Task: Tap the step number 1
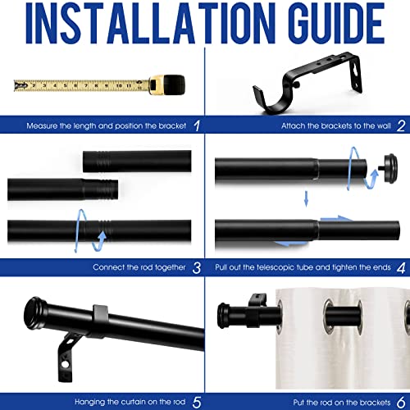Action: pos(194,125)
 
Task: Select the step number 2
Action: pos(400,125)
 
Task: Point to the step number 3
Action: pos(196,266)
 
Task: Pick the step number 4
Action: pos(400,266)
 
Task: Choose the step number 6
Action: pos(400,402)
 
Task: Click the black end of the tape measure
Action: pos(162,84)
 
